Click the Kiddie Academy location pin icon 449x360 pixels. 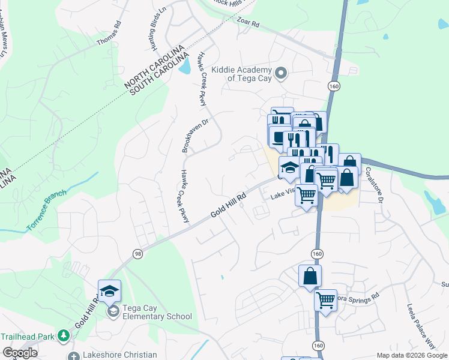(285, 74)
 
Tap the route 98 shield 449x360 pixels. (137, 254)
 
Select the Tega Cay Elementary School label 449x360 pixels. (157, 312)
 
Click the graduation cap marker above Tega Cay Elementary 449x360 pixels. (109, 292)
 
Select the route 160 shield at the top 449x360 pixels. (334, 87)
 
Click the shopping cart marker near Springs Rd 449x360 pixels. (325, 299)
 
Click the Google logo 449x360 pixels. (20, 353)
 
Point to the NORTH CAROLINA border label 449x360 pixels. (155, 63)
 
